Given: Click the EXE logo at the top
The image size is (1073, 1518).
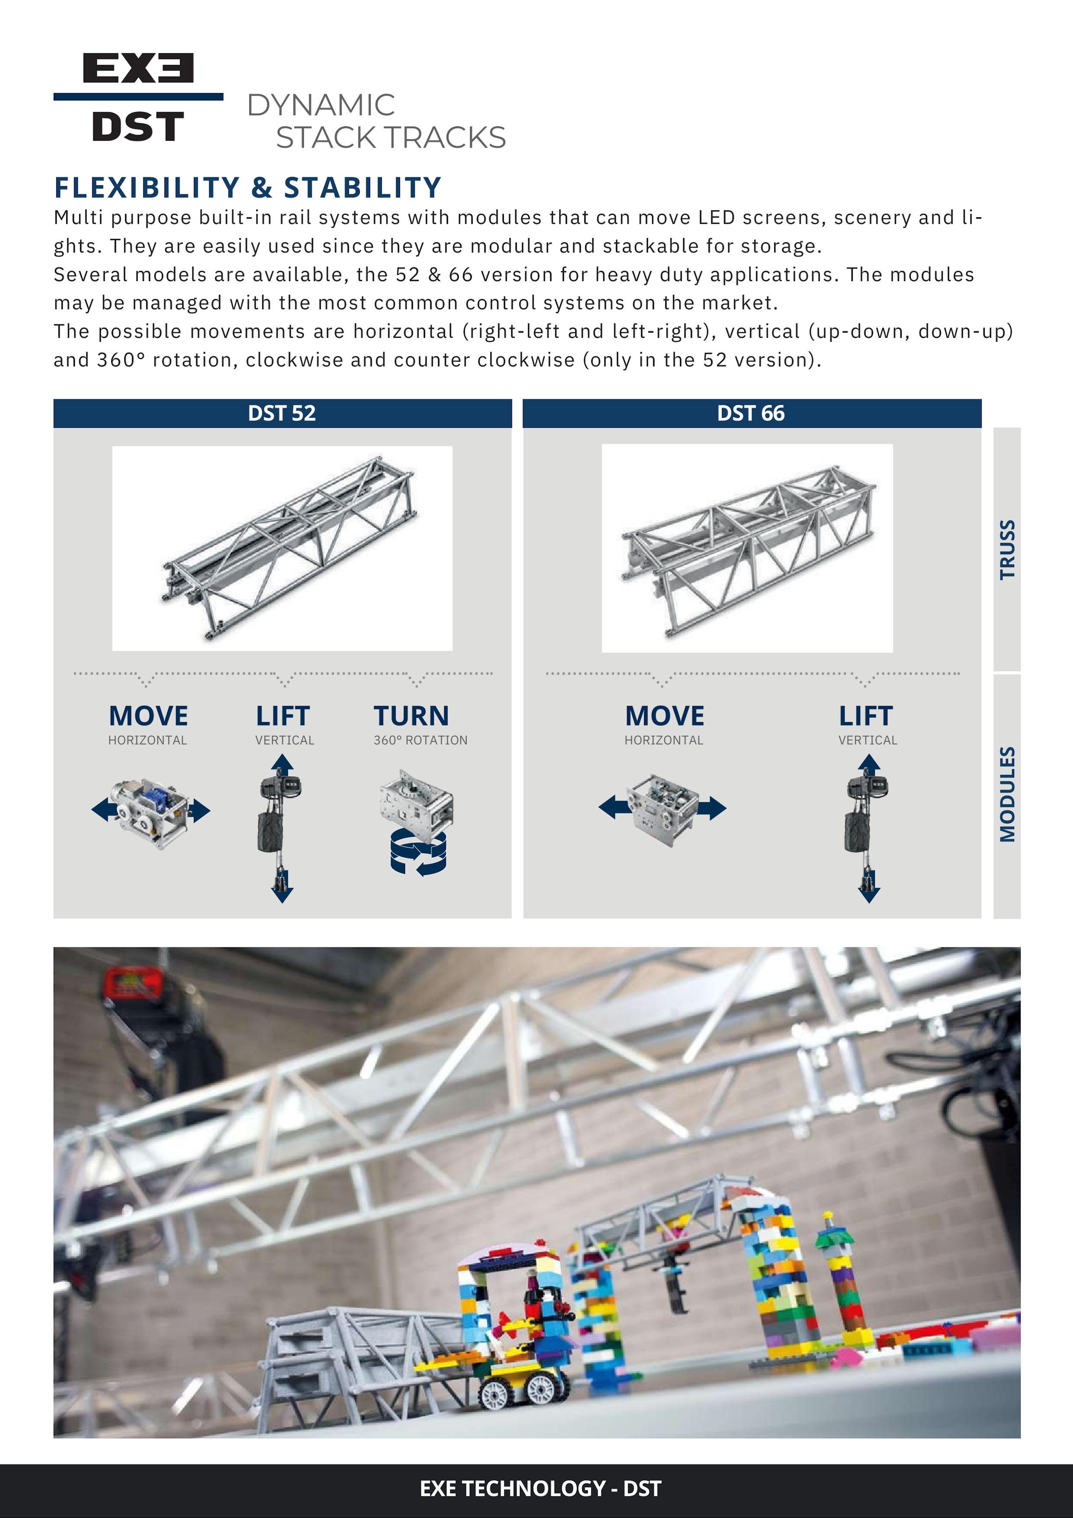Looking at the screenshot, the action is click(x=138, y=68).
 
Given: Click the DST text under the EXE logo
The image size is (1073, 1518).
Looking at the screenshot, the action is click(x=138, y=126).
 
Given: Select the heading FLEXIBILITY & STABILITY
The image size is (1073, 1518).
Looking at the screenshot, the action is click(x=248, y=188).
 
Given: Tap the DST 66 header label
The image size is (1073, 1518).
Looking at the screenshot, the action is click(x=751, y=413).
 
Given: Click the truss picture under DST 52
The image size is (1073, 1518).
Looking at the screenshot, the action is click(x=282, y=548).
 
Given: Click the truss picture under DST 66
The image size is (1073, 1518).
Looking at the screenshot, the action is click(x=747, y=548).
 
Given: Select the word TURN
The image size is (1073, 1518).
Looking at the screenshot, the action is click(x=411, y=716).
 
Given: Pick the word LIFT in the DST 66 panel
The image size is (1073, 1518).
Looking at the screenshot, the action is click(x=866, y=716).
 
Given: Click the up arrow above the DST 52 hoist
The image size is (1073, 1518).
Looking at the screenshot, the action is click(x=282, y=765).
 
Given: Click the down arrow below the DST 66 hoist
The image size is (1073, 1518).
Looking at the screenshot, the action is click(x=869, y=892).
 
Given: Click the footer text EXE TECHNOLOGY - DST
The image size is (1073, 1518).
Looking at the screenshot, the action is click(x=540, y=1488).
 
